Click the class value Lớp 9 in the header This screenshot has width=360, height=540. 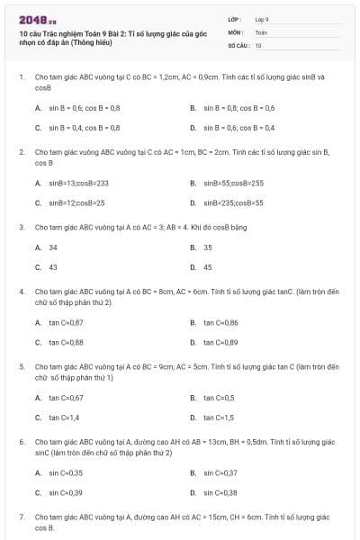[262, 19]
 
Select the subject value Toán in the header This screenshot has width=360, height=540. [261, 31]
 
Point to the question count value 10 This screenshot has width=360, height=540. [258, 44]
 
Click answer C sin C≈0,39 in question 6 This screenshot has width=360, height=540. [66, 492]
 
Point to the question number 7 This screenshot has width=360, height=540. [21, 517]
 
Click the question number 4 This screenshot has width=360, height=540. [21, 292]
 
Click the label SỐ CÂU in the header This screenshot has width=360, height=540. [238, 44]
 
